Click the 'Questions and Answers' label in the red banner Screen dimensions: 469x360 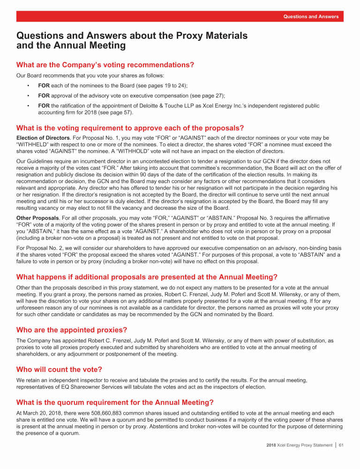coord(311,16)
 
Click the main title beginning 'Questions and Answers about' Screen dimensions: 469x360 coord(132,40)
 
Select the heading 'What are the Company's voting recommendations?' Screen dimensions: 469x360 coord(105,64)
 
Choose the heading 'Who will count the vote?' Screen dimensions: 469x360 coord(59,370)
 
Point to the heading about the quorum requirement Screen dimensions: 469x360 coord(115,402)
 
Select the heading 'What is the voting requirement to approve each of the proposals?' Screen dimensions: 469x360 coord(129,128)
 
